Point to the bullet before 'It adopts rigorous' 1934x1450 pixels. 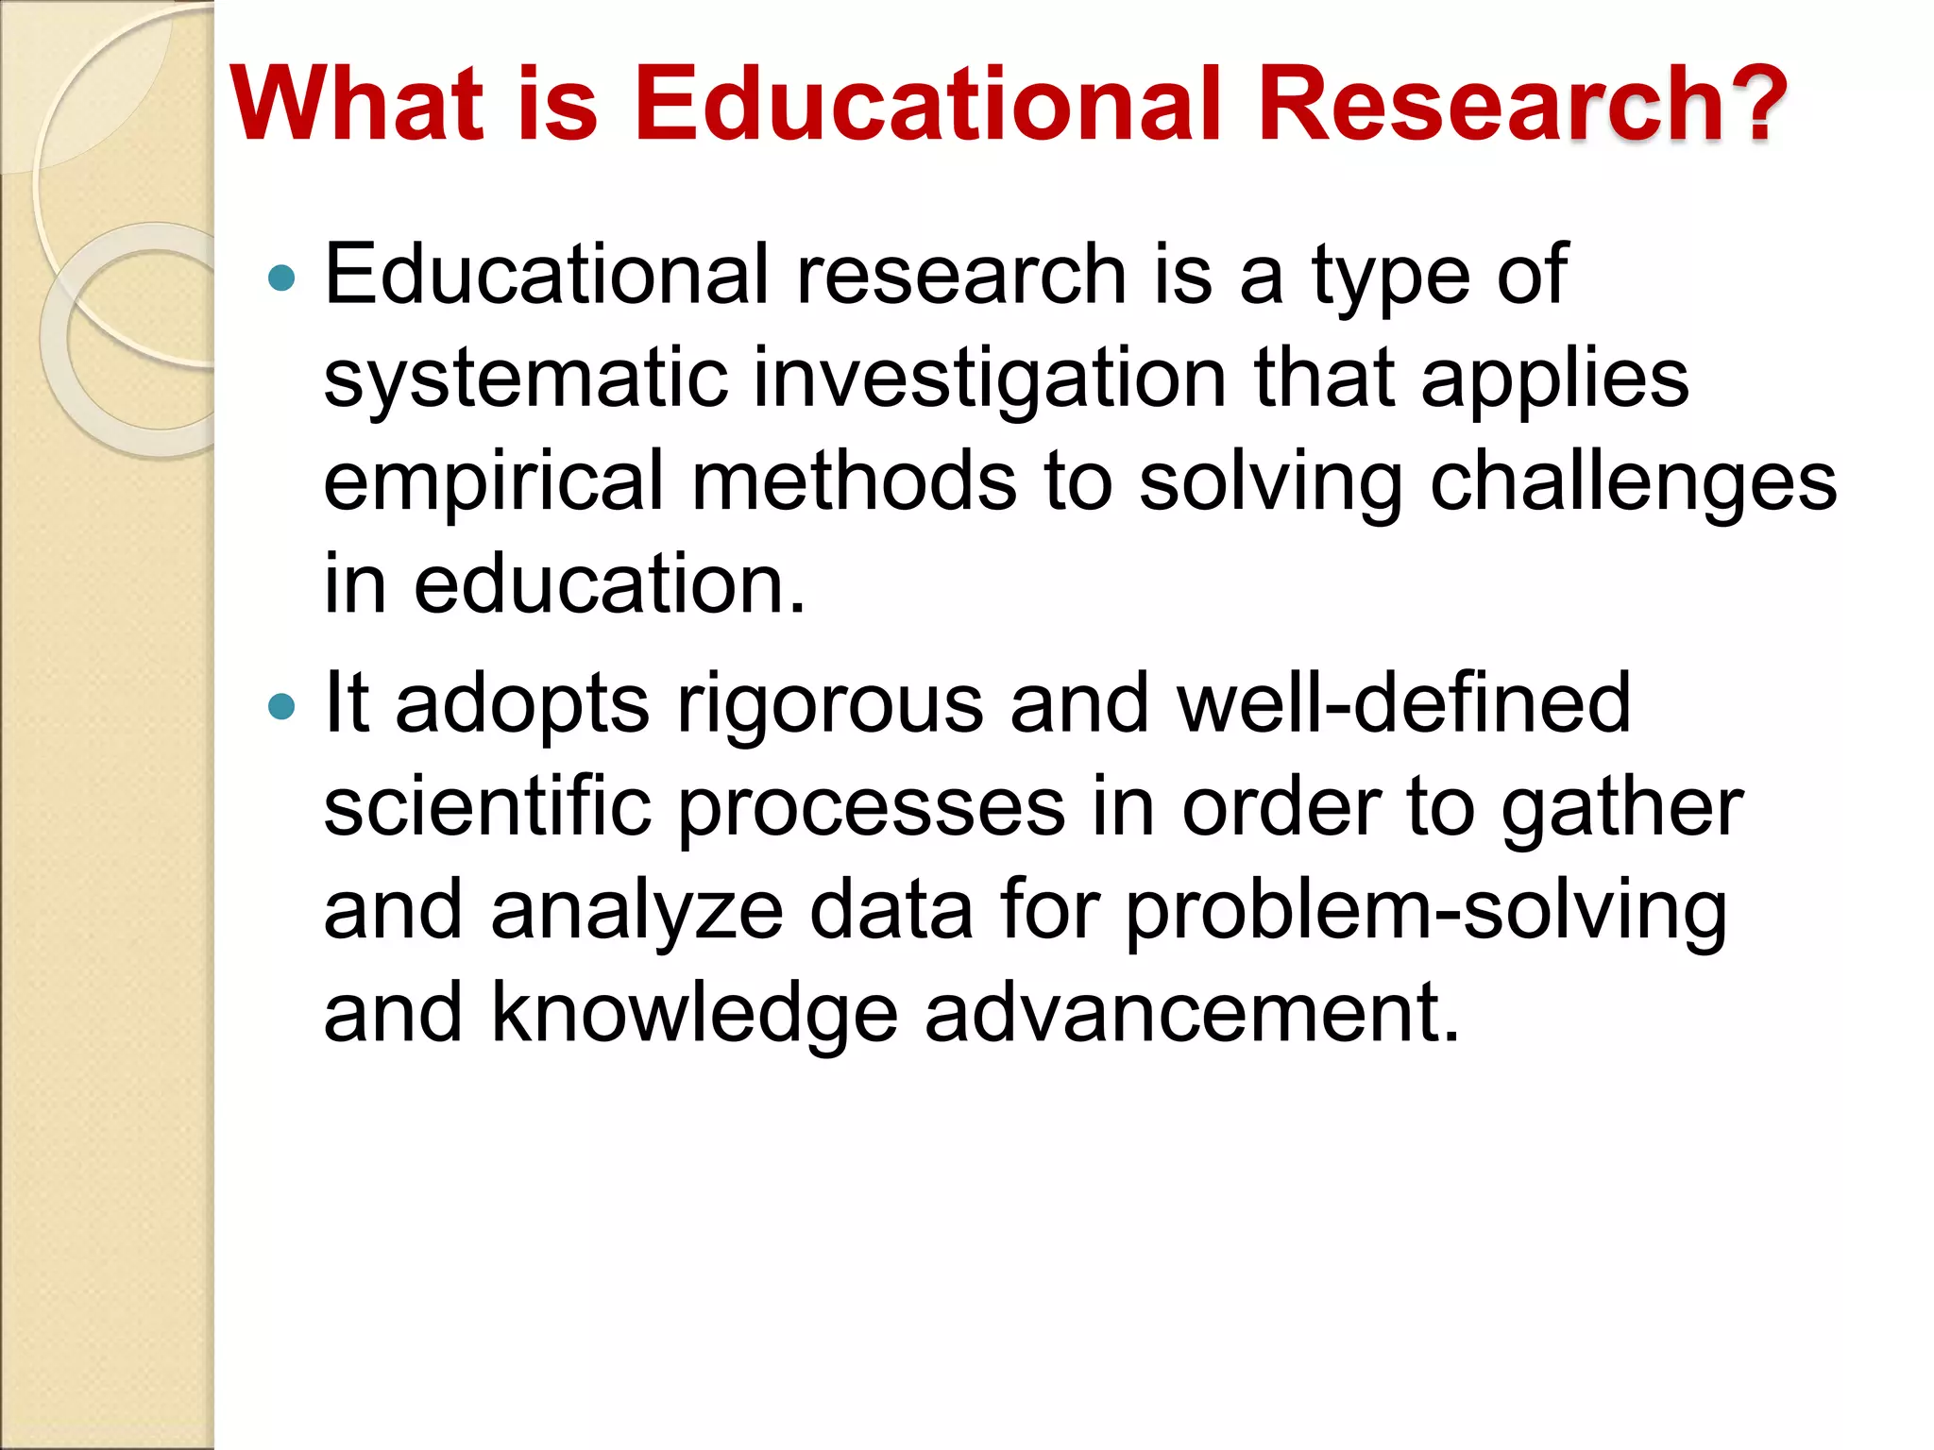(x=281, y=706)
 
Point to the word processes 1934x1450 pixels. (x=872, y=810)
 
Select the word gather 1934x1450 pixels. (x=1621, y=810)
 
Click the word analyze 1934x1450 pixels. (x=637, y=914)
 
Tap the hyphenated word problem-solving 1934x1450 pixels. (x=1426, y=914)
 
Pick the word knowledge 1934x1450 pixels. (x=694, y=1016)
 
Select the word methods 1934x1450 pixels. (x=854, y=481)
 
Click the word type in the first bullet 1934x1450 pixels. (x=1390, y=279)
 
